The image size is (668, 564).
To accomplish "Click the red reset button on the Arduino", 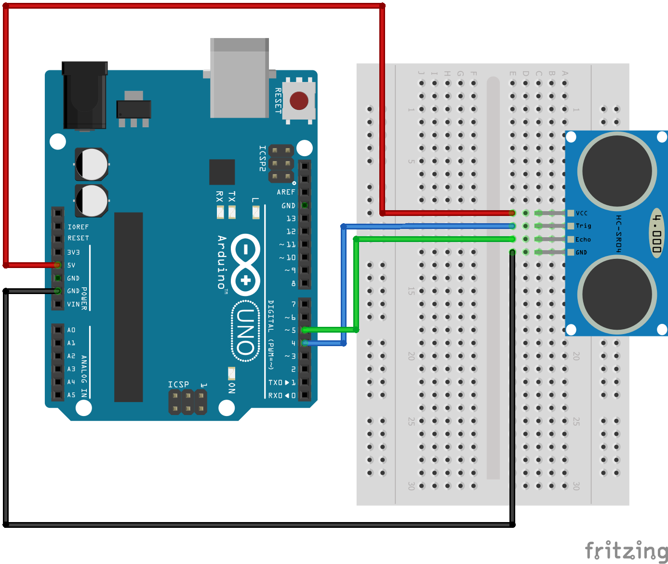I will (x=299, y=101).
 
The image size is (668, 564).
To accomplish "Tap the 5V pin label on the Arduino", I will (x=71, y=265).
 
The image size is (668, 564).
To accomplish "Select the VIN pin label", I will (x=73, y=304).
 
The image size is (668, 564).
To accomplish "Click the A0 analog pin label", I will (x=71, y=330).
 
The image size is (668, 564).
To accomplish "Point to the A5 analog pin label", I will (x=71, y=395).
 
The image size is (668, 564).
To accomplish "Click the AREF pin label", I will (x=286, y=192).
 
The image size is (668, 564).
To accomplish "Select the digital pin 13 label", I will (x=291, y=218).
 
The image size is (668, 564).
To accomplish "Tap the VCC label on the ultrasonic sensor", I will (x=582, y=213).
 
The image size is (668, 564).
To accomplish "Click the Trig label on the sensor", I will (x=583, y=226).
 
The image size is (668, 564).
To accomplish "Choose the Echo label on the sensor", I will (x=583, y=239).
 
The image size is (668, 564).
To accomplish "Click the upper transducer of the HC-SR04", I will (x=617, y=171).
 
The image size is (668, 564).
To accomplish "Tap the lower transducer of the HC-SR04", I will (x=617, y=294).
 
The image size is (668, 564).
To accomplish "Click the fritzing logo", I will (x=626, y=551).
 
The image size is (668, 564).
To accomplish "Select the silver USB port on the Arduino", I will (x=239, y=78).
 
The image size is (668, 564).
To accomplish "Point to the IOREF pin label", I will (x=78, y=227).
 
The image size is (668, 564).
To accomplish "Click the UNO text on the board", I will (x=245, y=332).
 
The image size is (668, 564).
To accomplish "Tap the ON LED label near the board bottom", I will (x=232, y=388).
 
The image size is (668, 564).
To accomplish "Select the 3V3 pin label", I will (x=73, y=252).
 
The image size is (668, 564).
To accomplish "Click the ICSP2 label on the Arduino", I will (x=262, y=158).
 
